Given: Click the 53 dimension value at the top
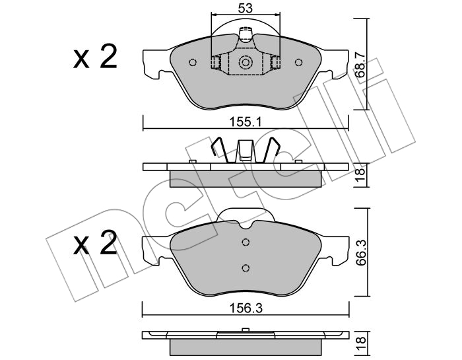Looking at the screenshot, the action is click(x=246, y=9).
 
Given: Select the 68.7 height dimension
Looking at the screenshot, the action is click(x=360, y=63).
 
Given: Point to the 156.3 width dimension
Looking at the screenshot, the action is click(x=246, y=308).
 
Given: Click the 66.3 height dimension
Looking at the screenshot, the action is click(x=361, y=253).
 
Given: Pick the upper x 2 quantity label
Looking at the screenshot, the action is click(x=95, y=57).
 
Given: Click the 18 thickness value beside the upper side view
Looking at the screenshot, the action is click(x=360, y=175).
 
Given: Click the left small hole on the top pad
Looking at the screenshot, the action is click(x=193, y=63).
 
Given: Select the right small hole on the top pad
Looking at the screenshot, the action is click(x=298, y=63).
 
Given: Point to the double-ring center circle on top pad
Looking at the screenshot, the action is click(x=246, y=62).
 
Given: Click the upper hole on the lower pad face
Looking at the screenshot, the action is click(x=246, y=242).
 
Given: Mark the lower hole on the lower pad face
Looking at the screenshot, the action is click(x=246, y=268).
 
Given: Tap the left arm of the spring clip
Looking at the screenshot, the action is click(x=220, y=150).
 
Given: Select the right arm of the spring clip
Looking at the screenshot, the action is click(x=271, y=150).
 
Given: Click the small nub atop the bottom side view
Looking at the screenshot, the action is click(x=246, y=330).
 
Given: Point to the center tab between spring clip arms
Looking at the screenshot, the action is click(x=246, y=151).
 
